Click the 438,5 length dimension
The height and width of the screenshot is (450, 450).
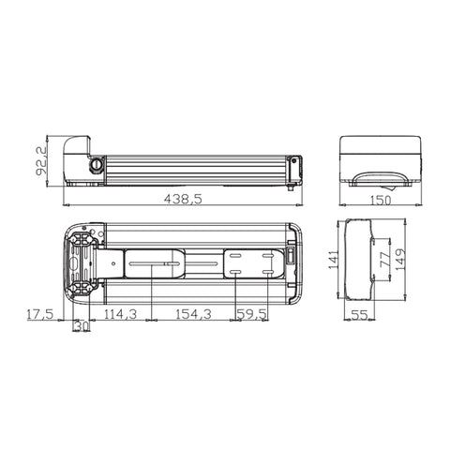pos(183,199)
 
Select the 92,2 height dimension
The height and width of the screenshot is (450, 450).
pos(41,161)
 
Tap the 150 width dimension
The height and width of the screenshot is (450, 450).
pos(381,200)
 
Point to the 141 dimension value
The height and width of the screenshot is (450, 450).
pos(334,260)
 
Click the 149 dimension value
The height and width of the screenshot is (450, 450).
pos(399,259)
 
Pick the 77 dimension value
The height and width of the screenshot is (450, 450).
pos(385,259)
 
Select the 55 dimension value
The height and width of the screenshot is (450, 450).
pos(359,315)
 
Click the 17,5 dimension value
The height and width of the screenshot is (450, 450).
pos(40,314)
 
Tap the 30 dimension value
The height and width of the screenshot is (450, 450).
pos(82,326)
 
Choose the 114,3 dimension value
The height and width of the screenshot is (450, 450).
pos(120,314)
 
